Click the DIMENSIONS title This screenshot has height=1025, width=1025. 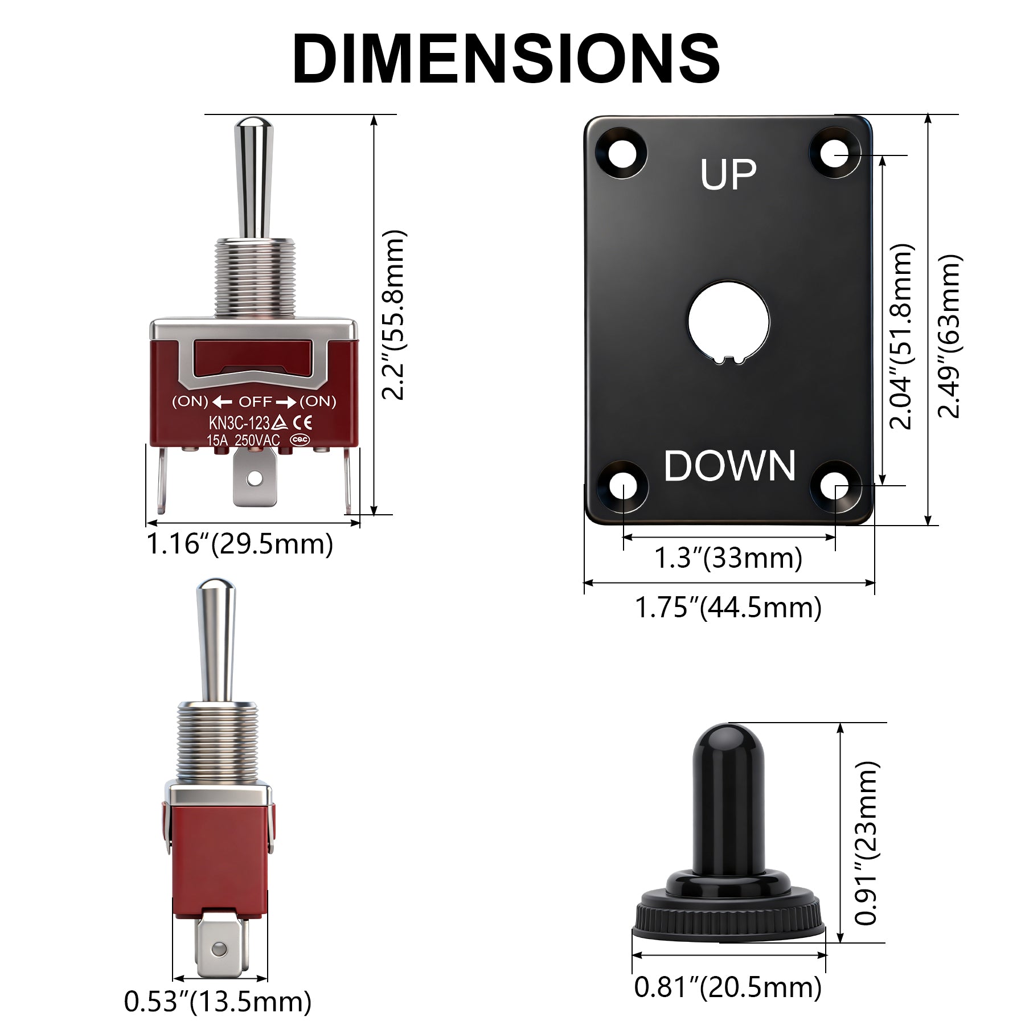(506, 59)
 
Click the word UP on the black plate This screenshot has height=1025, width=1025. (728, 174)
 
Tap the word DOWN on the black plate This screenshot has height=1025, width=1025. (729, 466)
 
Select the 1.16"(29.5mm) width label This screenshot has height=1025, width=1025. (240, 544)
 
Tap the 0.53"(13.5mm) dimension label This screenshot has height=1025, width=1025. (218, 1002)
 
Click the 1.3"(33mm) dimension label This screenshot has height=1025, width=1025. (728, 557)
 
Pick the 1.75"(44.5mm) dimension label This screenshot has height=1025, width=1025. (728, 608)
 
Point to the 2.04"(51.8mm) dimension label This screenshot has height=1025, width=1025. (901, 336)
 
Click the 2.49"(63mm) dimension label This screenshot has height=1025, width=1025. (949, 336)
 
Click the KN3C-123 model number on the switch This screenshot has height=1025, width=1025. (239, 423)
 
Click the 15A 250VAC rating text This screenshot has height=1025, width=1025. (243, 440)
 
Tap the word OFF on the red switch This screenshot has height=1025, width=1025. (255, 402)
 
